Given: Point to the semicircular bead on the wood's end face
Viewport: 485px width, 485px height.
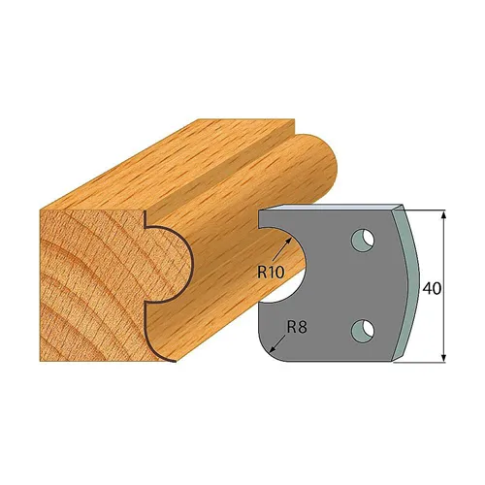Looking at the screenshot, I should tap(167, 260).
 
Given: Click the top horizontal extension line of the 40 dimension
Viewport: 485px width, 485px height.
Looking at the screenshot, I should tap(427, 209).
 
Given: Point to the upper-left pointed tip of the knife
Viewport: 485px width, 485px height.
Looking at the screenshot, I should tap(260, 210).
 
